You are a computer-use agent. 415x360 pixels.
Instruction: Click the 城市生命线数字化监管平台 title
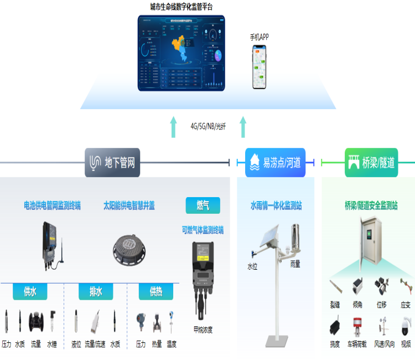click(x=181, y=7)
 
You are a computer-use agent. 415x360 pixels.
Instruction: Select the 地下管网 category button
click(x=113, y=162)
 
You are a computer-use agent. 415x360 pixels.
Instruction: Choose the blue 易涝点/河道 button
click(x=275, y=162)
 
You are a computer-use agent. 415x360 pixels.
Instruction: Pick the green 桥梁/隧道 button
click(x=371, y=162)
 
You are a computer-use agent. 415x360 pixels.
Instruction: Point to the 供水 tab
click(x=30, y=291)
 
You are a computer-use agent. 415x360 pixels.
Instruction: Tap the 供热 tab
click(x=155, y=291)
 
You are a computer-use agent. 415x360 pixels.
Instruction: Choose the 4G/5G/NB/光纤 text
click(x=208, y=126)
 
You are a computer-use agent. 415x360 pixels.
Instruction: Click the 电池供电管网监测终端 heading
click(x=52, y=205)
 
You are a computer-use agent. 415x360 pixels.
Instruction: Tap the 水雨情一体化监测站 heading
click(x=276, y=205)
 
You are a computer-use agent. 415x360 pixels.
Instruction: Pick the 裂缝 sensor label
click(x=335, y=305)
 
